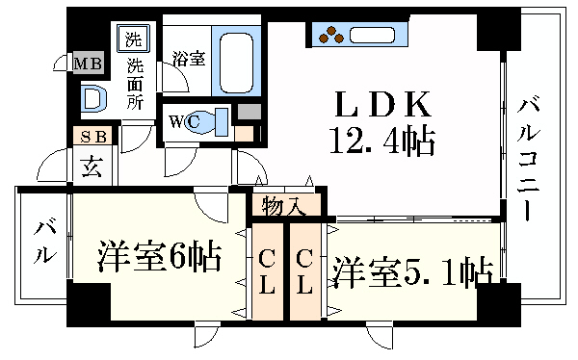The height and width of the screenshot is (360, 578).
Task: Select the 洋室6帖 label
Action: tap(159, 257)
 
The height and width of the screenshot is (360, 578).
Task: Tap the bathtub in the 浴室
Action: tap(236, 60)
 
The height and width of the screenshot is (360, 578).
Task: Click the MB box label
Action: tap(89, 64)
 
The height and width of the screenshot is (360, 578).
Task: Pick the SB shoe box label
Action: tap(93, 137)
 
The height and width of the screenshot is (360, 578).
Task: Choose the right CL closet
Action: tap(304, 271)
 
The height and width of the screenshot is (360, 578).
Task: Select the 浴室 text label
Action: tap(188, 58)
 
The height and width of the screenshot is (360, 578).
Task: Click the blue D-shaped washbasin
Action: tap(92, 97)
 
